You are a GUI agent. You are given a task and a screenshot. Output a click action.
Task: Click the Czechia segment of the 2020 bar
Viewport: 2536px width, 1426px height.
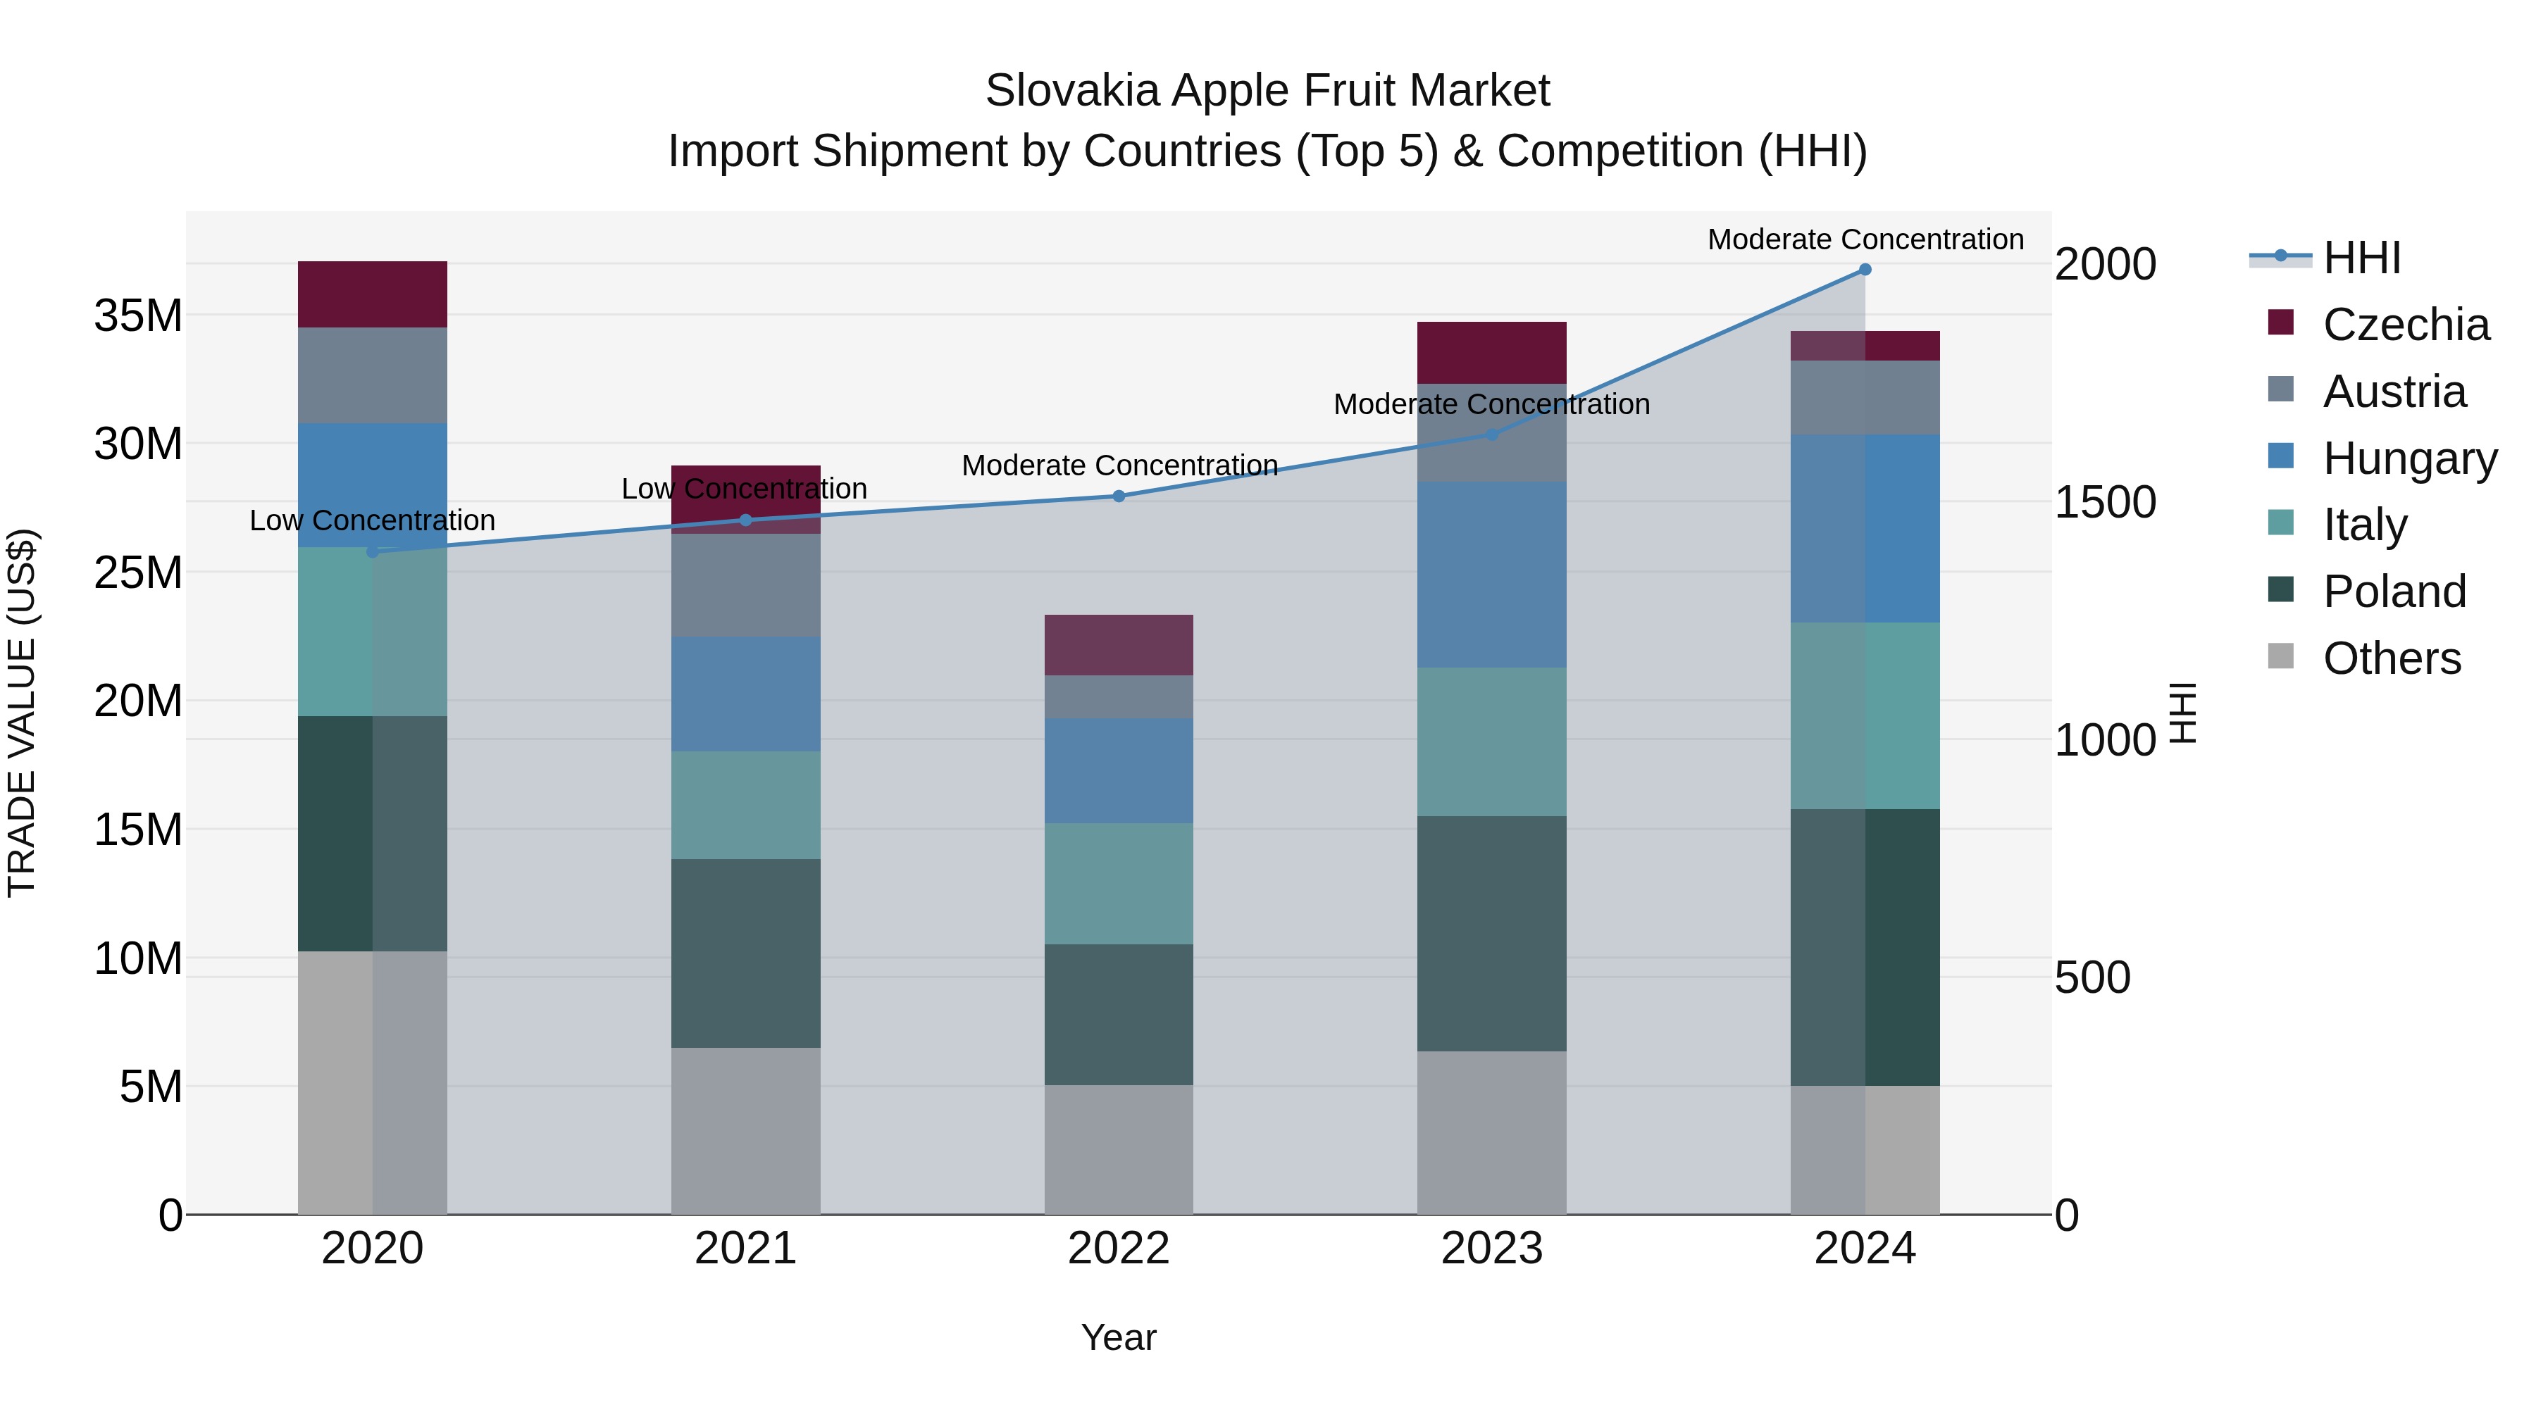[x=372, y=294]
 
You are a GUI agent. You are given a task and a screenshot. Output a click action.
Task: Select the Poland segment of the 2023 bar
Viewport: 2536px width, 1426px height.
[x=1491, y=933]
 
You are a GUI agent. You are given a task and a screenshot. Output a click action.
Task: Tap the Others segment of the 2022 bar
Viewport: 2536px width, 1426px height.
[x=1119, y=1149]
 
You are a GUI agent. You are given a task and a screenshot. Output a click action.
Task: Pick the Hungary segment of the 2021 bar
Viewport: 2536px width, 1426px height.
[x=745, y=694]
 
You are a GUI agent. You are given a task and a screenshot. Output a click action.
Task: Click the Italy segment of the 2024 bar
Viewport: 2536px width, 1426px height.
[x=1865, y=715]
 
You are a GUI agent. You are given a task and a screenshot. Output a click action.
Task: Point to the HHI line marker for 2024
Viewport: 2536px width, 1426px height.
[x=1865, y=270]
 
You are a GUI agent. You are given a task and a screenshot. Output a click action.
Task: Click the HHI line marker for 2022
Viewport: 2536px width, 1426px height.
[x=1119, y=496]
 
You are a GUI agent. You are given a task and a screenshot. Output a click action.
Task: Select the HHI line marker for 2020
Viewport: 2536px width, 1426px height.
[x=372, y=552]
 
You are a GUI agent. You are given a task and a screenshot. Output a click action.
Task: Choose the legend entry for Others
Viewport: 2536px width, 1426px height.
[x=2392, y=658]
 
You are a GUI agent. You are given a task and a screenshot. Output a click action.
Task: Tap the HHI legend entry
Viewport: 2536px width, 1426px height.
[x=2361, y=258]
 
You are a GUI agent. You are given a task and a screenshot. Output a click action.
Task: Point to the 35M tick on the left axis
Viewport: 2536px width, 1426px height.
[x=138, y=316]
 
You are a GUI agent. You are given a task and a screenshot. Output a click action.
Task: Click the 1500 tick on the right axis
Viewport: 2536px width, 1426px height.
[x=2105, y=502]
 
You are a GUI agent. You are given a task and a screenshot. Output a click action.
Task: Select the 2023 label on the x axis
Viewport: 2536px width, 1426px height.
[x=1491, y=1249]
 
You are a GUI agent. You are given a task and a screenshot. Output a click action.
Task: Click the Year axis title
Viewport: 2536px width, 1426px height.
[x=1119, y=1337]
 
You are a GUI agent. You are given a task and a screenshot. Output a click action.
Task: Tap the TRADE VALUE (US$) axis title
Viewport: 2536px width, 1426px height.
[x=22, y=713]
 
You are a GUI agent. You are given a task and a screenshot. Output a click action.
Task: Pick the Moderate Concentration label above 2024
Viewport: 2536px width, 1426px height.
[x=1865, y=239]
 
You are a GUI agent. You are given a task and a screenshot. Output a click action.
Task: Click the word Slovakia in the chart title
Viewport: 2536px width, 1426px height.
[x=1073, y=91]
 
